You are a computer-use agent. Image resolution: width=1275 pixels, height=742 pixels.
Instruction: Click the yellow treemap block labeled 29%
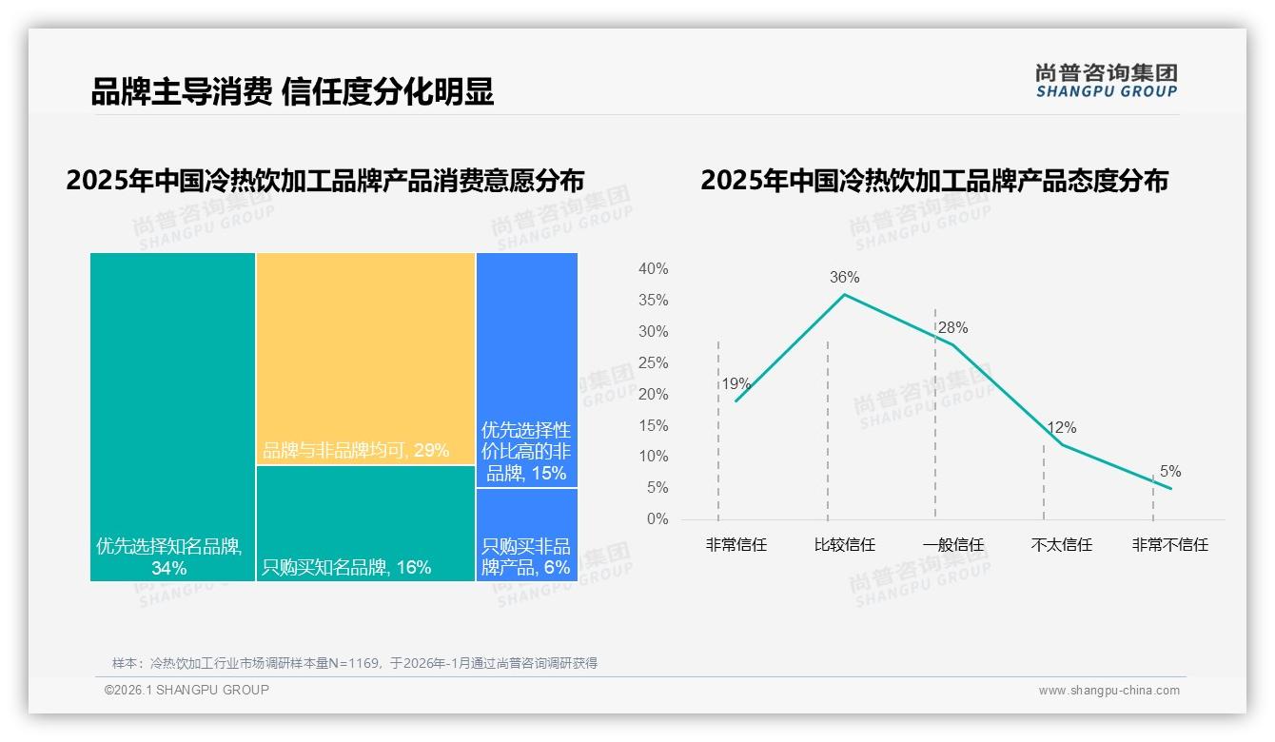365,359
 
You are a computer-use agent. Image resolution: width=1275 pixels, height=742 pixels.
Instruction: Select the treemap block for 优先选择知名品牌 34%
172,417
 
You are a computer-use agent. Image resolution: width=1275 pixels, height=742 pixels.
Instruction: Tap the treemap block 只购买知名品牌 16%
365,523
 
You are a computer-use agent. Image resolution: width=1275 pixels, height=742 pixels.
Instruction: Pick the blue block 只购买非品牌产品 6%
526,535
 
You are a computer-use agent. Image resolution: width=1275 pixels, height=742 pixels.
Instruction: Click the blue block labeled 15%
526,369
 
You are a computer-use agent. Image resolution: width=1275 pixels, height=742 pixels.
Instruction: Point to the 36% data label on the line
844,278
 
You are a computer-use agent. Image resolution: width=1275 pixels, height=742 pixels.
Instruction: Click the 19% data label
736,384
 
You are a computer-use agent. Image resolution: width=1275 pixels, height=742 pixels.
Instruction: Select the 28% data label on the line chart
952,328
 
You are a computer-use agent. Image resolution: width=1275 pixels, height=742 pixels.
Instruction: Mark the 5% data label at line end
1169,472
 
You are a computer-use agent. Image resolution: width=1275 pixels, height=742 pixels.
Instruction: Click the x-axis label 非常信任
736,545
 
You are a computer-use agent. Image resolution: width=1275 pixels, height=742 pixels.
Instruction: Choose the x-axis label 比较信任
844,545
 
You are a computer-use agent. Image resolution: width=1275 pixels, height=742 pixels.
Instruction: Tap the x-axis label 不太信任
1061,545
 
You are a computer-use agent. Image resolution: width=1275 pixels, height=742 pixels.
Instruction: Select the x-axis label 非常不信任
1169,545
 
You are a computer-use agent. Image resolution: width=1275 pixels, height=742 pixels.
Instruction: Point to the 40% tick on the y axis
653,269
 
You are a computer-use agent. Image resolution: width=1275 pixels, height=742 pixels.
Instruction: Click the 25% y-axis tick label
653,362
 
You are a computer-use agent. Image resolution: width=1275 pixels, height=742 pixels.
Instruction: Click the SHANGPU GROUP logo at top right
1106,81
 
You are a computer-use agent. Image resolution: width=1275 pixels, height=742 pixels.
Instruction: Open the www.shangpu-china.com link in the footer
1108,691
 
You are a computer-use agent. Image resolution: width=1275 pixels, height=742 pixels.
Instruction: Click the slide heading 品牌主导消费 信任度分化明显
292,92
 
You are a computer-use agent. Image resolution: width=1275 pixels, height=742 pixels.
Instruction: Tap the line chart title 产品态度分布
933,180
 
